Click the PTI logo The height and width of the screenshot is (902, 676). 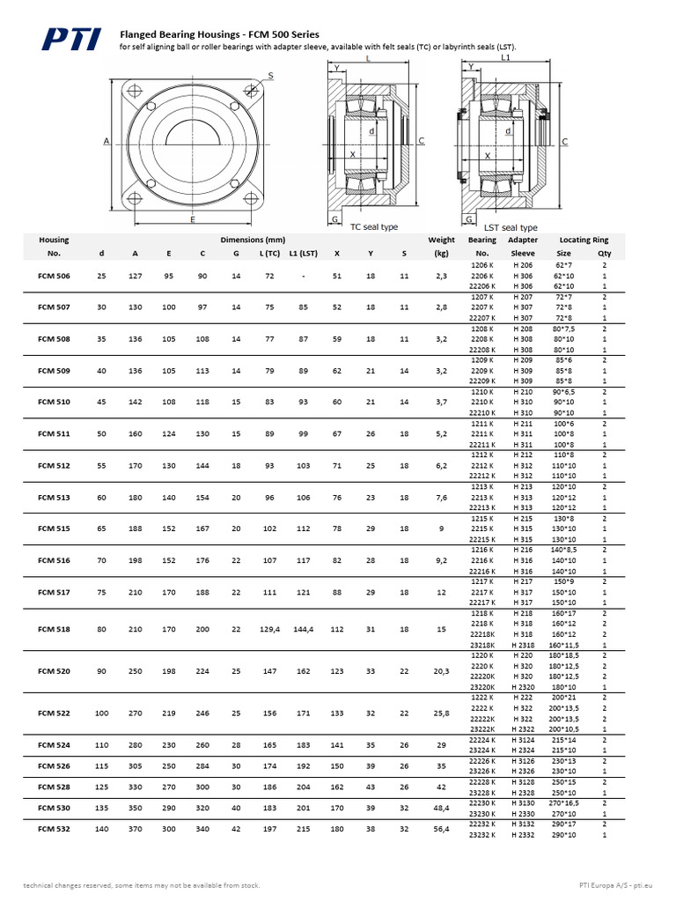77,39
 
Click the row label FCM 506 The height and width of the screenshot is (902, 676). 54,276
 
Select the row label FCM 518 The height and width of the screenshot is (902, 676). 54,630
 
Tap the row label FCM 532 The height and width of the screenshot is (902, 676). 54,829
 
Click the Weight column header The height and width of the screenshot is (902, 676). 441,240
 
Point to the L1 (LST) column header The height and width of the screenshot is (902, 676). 304,254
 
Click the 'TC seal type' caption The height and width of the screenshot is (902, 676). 374,227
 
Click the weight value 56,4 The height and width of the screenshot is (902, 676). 441,829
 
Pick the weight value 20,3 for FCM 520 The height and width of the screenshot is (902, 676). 441,671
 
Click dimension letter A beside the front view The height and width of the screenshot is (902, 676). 106,141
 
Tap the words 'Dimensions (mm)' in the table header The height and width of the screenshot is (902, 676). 253,240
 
